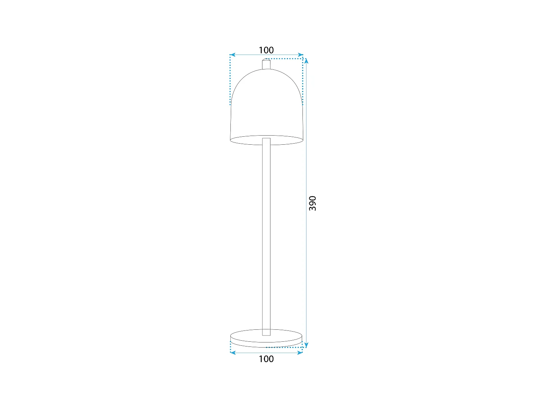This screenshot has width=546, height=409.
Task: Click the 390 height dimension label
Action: coord(312,203)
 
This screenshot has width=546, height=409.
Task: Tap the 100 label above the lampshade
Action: coord(266,50)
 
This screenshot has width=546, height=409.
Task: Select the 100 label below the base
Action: coord(266,359)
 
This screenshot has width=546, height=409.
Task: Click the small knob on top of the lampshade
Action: coord(266,64)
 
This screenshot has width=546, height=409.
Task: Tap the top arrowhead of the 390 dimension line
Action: coord(306,60)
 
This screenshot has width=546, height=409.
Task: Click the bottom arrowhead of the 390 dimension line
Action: coord(306,345)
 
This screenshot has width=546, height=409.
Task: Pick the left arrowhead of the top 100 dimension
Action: coord(232,55)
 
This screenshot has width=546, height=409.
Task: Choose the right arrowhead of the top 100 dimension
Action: coord(301,55)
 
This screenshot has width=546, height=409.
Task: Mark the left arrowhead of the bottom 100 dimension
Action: coord(232,353)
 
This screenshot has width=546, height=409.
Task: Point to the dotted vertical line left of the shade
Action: coord(230,80)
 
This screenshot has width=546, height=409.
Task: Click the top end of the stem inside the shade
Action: coord(266,139)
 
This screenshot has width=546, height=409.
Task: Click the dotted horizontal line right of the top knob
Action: coord(286,58)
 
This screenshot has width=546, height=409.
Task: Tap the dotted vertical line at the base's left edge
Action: coord(230,347)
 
